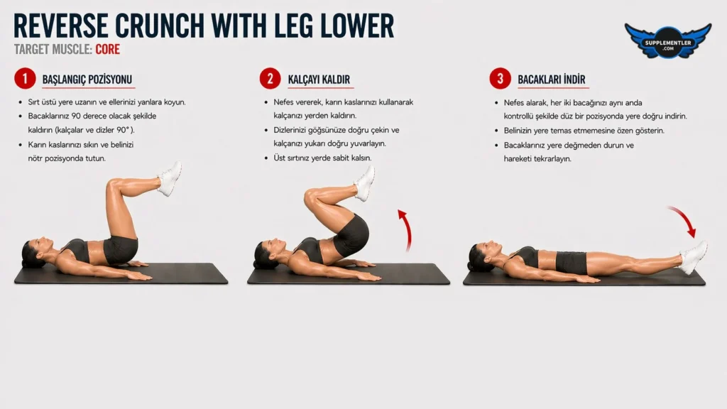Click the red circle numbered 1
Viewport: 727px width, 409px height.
[25, 79]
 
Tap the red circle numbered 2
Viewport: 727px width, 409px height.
[270, 79]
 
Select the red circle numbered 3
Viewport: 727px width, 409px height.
[501, 79]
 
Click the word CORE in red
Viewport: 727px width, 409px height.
[108, 49]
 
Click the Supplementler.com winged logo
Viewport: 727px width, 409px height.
[667, 41]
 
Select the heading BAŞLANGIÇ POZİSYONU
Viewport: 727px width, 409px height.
[87, 80]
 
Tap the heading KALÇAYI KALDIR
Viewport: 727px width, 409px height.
[319, 80]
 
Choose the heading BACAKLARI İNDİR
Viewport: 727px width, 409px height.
[551, 80]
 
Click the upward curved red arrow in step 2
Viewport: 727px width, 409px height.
[408, 229]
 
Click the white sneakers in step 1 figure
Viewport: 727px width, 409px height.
[170, 178]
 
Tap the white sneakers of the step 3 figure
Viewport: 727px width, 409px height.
[693, 257]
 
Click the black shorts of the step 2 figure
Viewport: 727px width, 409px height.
[352, 236]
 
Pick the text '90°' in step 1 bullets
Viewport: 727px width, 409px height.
[122, 131]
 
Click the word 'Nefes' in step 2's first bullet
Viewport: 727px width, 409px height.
[285, 102]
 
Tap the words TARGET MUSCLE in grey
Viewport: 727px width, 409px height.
[53, 49]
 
